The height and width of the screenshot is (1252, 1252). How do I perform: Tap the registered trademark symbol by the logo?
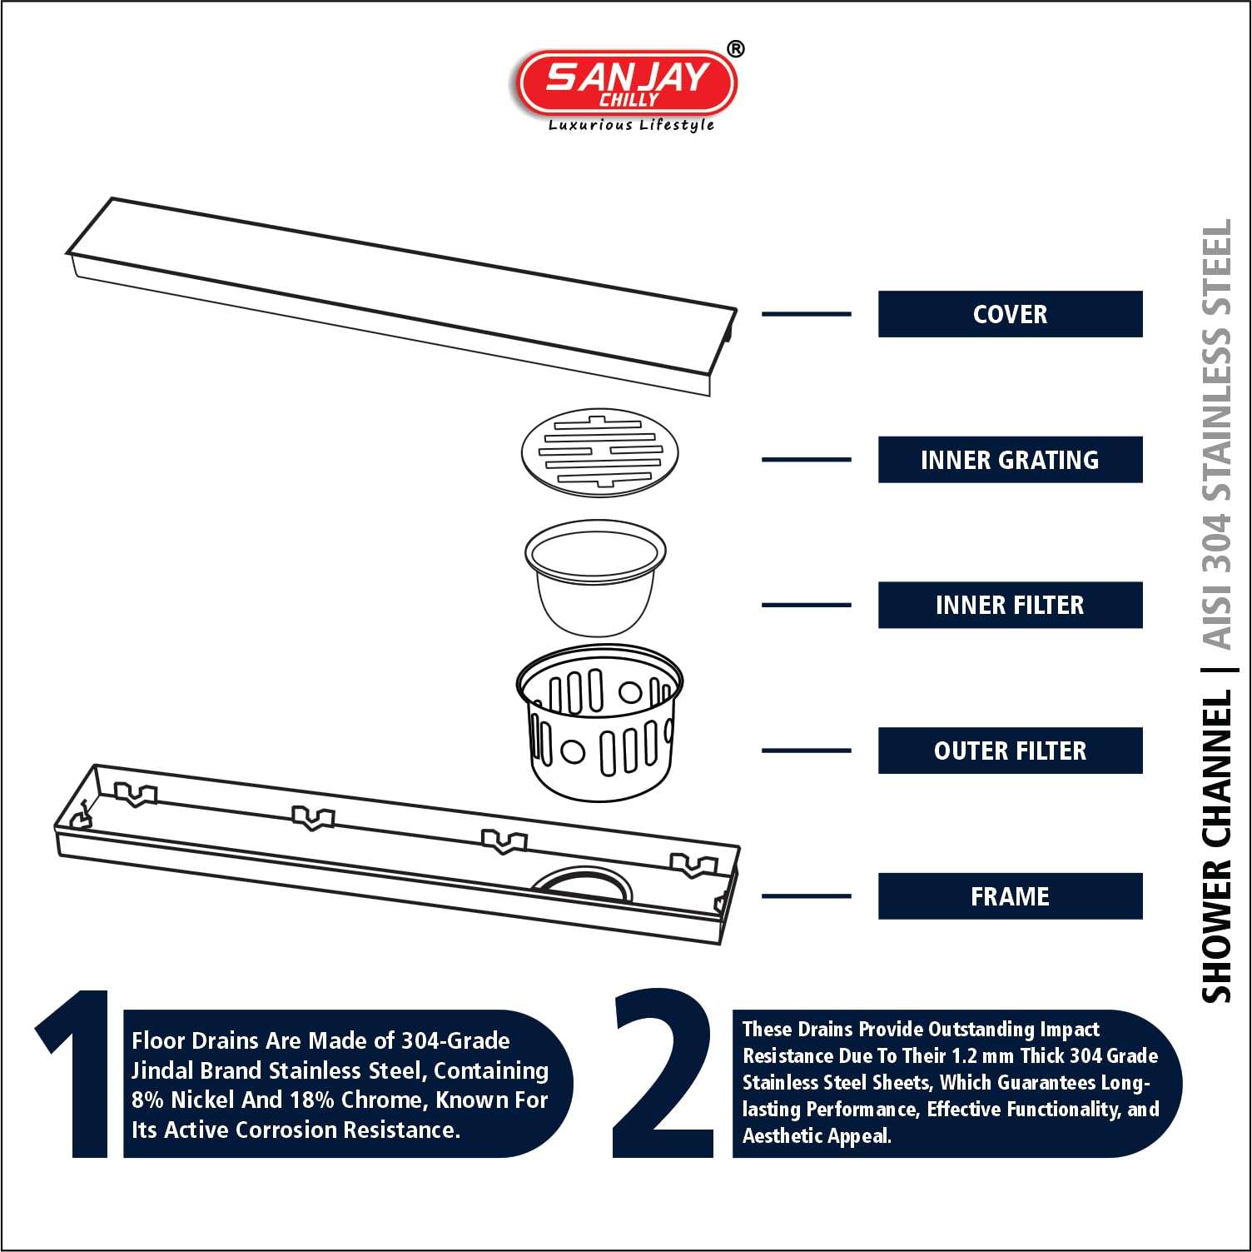point(735,50)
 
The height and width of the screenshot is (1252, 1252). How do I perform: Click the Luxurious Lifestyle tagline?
point(631,125)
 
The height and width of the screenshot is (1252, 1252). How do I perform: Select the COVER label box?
point(1010,314)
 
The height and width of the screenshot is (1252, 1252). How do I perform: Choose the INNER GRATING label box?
point(1010,460)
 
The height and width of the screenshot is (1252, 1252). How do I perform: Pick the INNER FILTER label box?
point(1010,605)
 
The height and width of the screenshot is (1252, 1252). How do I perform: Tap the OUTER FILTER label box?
point(1010,751)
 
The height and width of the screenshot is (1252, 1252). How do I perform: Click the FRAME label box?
point(1010,896)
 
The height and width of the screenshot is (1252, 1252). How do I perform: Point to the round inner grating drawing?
point(599,453)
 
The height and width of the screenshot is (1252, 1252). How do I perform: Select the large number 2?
point(663,1075)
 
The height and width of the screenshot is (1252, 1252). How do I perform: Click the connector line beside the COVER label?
point(806,314)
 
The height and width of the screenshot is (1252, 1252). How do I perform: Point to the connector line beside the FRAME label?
point(806,896)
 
